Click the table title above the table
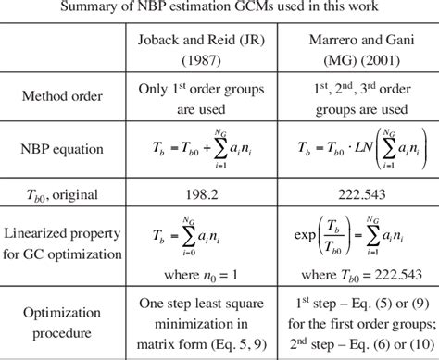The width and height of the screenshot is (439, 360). coord(219,8)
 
